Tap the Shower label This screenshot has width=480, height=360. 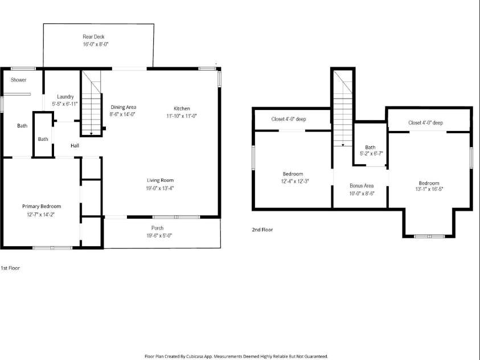[19, 80]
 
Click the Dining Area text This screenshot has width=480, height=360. [123, 107]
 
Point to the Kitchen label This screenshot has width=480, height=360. [182, 108]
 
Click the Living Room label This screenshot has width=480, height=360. [159, 181]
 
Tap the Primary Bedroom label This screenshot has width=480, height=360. [42, 206]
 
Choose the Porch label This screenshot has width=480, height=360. [157, 228]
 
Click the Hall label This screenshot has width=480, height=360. [75, 146]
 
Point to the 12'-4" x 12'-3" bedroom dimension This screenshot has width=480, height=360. [293, 181]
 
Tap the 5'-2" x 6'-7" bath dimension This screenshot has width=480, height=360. [370, 154]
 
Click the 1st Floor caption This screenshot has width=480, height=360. [10, 267]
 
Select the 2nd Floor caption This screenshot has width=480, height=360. [262, 230]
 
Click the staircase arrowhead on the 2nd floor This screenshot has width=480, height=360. [343, 145]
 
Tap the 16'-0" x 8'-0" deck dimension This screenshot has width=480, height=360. [96, 44]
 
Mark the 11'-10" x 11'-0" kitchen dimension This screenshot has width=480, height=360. [182, 115]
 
